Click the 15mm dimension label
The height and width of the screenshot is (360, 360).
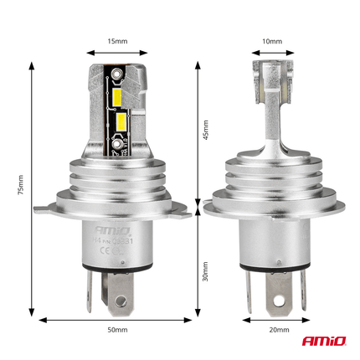pyautogui.click(x=117, y=39)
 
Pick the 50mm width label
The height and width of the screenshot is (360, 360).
pyautogui.click(x=117, y=330)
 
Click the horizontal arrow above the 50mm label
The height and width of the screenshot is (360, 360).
pyautogui.click(x=117, y=318)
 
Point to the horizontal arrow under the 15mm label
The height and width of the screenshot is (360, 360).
pyautogui.click(x=117, y=53)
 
